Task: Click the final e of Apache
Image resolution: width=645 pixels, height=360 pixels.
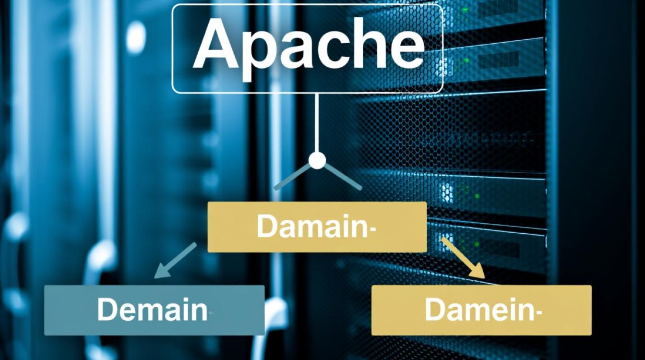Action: tap(405, 51)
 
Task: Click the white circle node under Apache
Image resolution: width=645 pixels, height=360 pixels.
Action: tap(317, 160)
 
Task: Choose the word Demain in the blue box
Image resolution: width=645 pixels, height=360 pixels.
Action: tap(152, 310)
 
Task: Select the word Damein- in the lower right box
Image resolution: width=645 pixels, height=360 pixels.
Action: tap(480, 310)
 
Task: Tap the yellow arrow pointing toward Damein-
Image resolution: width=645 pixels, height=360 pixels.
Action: tap(463, 258)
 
